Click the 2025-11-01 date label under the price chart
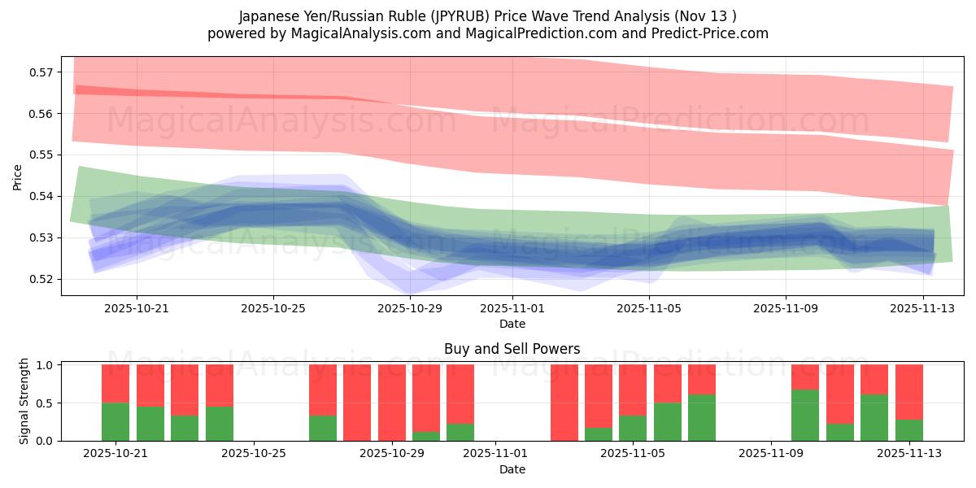[512, 309]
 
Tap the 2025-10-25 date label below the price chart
[273, 309]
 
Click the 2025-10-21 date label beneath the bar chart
[114, 454]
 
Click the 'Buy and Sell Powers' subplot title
[512, 349]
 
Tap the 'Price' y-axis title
[18, 176]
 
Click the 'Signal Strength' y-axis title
[24, 402]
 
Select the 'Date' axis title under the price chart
[512, 324]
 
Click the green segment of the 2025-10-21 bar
[115, 421]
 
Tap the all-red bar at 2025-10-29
[391, 403]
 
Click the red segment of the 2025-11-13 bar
[908, 392]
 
